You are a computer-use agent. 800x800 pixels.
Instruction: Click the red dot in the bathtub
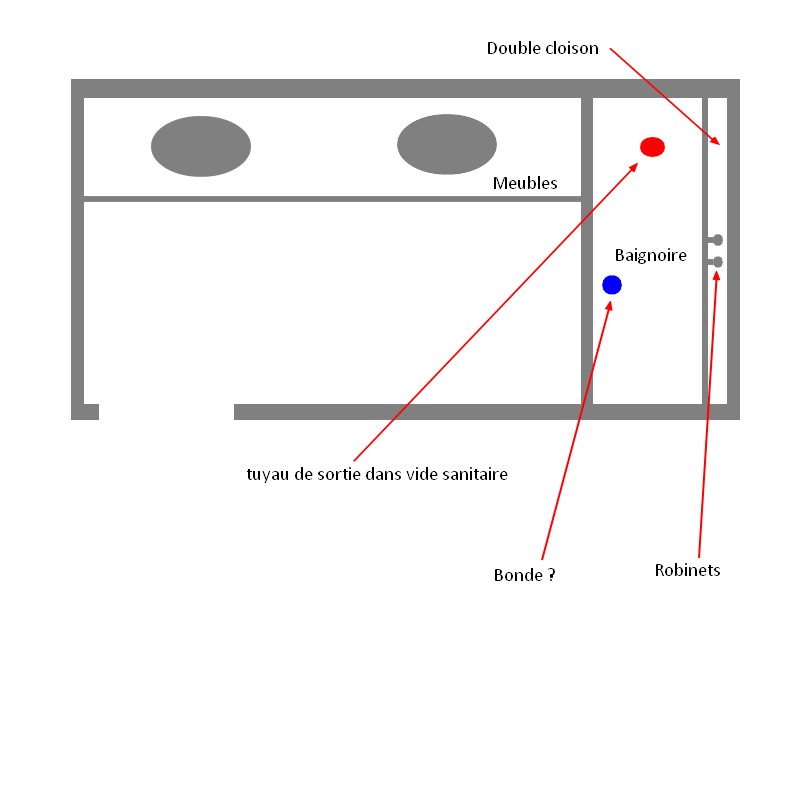(x=652, y=147)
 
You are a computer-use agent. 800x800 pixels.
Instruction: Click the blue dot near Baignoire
(x=612, y=285)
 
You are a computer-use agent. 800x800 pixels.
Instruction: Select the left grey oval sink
(x=201, y=146)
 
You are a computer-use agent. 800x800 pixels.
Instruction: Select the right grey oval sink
(x=447, y=144)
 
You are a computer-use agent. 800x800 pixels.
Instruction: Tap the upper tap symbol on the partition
(x=716, y=240)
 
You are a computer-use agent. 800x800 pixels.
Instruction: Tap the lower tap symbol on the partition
(x=716, y=262)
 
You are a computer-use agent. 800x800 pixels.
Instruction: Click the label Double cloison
(x=542, y=48)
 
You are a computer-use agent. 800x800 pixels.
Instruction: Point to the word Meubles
(x=525, y=184)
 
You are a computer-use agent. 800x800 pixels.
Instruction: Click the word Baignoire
(x=651, y=255)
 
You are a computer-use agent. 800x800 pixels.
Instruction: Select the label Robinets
(x=687, y=570)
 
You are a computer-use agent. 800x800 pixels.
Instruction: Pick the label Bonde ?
(x=524, y=575)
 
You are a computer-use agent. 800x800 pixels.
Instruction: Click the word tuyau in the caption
(x=266, y=474)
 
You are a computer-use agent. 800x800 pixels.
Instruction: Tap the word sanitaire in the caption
(x=475, y=474)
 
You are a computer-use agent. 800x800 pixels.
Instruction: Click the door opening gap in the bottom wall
(x=166, y=411)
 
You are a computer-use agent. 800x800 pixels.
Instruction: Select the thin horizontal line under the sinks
(x=332, y=199)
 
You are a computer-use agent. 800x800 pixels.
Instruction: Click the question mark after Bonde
(x=552, y=575)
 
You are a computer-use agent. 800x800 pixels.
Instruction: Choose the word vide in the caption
(x=421, y=474)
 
